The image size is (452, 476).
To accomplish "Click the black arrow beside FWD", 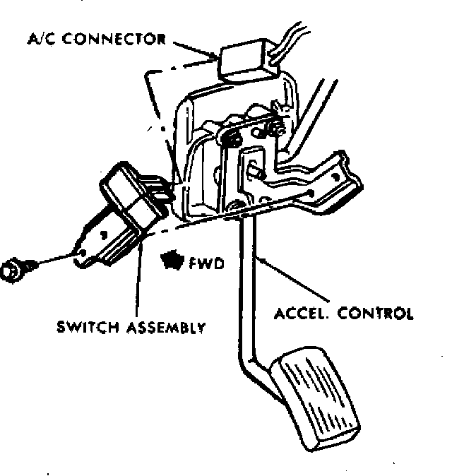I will pyautogui.click(x=174, y=262).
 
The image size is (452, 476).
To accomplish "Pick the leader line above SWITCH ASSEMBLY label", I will pyautogui.click(x=137, y=282).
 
